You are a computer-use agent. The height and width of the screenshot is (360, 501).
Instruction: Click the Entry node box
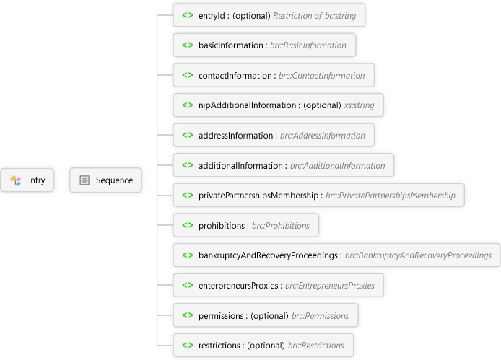click(27, 180)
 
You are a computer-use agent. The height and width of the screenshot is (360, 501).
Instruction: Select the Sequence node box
click(106, 180)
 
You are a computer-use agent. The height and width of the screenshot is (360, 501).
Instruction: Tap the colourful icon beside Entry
click(15, 180)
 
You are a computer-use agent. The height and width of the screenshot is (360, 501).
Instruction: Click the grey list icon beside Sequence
click(84, 180)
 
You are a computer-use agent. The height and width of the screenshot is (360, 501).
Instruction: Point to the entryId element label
click(212, 16)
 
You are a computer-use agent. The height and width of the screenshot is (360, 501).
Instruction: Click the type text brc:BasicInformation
click(308, 45)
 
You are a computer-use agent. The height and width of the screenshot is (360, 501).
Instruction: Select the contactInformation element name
click(235, 75)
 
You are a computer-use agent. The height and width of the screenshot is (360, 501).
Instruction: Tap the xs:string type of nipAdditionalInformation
click(359, 105)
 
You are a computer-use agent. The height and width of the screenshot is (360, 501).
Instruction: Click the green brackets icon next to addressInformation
click(188, 135)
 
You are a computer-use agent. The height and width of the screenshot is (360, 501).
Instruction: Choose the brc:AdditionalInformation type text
click(337, 165)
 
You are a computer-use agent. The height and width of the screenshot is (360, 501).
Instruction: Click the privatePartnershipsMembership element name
click(258, 196)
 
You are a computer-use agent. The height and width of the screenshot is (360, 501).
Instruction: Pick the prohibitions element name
click(222, 226)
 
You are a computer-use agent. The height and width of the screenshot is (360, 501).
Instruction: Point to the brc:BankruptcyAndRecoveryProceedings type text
click(418, 255)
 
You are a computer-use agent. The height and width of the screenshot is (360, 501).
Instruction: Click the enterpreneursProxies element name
click(238, 285)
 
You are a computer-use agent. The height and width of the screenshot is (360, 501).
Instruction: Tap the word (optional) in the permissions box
click(270, 315)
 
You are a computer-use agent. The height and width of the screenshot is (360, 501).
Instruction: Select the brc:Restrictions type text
click(316, 346)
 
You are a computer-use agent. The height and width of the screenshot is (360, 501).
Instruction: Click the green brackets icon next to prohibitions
click(188, 225)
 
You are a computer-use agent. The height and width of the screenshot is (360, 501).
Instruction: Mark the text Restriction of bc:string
click(315, 16)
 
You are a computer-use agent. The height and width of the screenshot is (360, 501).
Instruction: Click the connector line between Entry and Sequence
click(61, 180)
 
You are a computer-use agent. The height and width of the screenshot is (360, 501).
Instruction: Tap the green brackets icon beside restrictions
click(188, 345)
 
